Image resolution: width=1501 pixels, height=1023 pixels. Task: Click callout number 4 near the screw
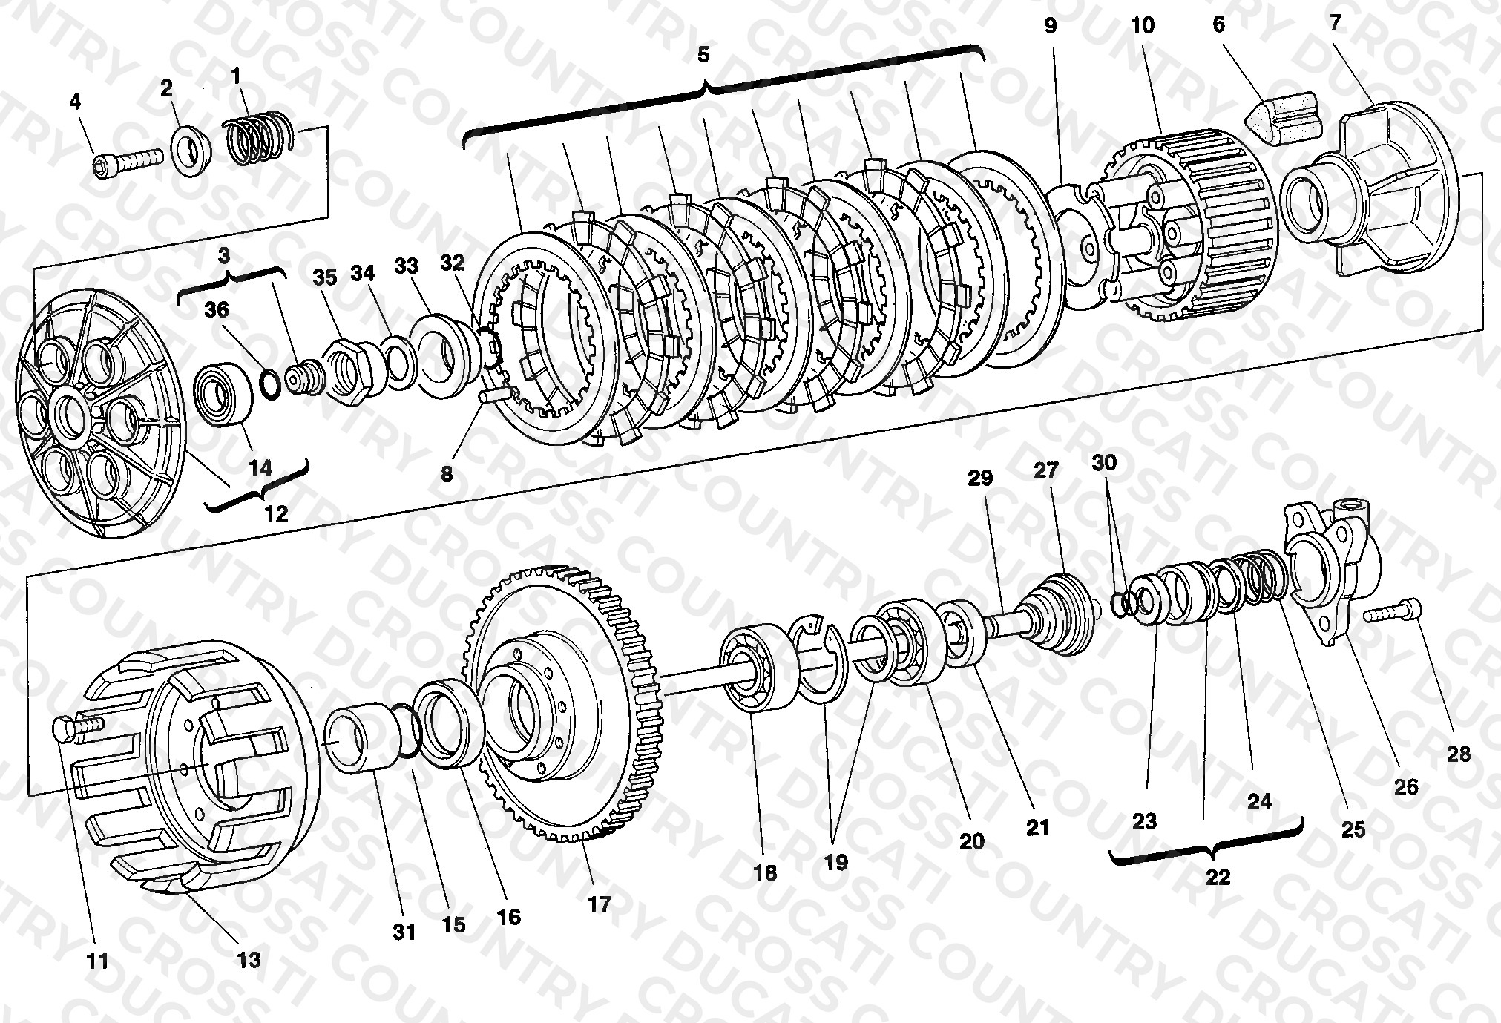tap(75, 101)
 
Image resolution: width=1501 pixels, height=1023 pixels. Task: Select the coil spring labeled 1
tap(258, 138)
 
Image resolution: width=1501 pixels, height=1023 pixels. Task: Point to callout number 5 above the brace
tap(703, 54)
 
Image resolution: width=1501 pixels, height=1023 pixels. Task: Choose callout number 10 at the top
tap(1143, 25)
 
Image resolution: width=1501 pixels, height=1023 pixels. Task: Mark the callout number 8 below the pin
tap(446, 474)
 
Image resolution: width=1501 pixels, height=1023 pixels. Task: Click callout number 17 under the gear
tap(599, 905)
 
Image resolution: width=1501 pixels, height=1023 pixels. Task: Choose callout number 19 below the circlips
tap(835, 862)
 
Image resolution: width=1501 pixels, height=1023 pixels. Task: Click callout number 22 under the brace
tap(1218, 877)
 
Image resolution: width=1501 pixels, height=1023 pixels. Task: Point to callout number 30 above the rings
tap(1104, 463)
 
